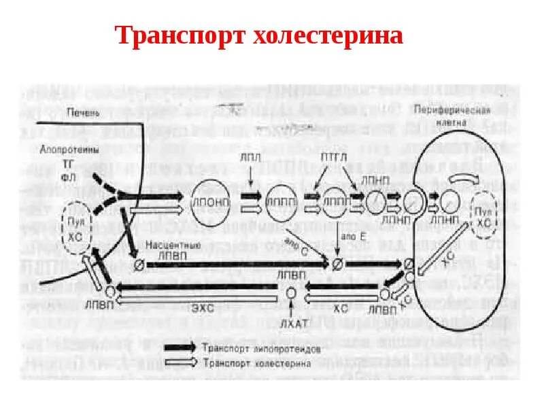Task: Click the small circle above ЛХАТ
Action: point(291,293)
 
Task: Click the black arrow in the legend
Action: point(181,347)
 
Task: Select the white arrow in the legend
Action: point(181,362)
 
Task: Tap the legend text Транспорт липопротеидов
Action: point(256,347)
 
